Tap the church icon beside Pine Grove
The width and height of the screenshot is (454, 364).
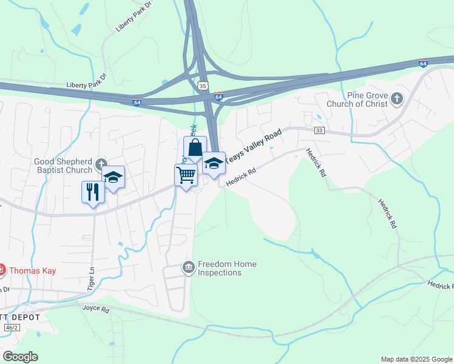(x=397, y=98)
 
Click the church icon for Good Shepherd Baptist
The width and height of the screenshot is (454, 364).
(x=101, y=163)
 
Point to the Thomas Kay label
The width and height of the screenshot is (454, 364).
(x=32, y=271)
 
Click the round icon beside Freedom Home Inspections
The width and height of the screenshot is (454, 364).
(x=188, y=266)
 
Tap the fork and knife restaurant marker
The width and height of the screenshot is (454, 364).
(x=92, y=192)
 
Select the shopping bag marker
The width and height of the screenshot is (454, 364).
(x=195, y=147)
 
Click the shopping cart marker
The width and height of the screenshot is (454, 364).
(x=186, y=175)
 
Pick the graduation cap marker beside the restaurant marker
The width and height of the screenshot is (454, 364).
(x=113, y=177)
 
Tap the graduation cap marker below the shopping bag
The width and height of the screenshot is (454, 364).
(x=214, y=163)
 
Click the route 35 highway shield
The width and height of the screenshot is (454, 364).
(x=203, y=85)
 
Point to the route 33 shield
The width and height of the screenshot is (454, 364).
(x=319, y=130)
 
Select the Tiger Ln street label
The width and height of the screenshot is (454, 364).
(x=92, y=277)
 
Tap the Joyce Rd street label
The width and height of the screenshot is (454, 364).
(x=96, y=309)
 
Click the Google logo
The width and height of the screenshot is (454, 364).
(x=20, y=357)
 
